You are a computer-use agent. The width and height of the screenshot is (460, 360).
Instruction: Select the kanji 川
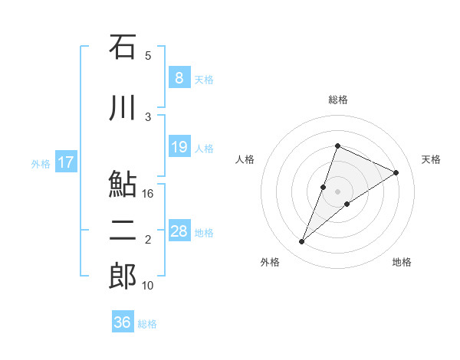[123, 106]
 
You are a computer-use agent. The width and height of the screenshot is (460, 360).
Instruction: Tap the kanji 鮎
[123, 185]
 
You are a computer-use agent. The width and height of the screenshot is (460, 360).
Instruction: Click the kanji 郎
[123, 277]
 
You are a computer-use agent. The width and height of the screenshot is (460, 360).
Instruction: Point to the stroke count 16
[149, 194]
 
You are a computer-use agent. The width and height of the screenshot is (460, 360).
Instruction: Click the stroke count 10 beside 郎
[149, 286]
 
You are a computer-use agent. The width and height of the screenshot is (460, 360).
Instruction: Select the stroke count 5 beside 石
[148, 55]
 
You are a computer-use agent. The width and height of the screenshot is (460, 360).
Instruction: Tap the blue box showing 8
[179, 78]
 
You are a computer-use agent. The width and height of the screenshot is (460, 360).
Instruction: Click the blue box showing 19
[179, 147]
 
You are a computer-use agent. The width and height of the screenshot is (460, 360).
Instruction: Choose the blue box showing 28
[179, 231]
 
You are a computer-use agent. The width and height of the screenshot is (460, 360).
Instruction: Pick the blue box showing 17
[66, 162]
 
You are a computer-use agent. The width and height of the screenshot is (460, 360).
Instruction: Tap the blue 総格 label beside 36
[147, 324]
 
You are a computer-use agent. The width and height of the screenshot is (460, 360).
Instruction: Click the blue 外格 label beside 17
[41, 163]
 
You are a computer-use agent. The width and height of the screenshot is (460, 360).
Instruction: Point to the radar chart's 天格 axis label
[431, 159]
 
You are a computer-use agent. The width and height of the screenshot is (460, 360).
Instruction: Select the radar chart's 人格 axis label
[245, 159]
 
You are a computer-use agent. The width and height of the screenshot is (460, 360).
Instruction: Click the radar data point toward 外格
[302, 242]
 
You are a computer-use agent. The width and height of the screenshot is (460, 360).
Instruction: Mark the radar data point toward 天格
[396, 172]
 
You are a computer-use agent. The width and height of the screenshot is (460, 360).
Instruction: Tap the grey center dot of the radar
[337, 191]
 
